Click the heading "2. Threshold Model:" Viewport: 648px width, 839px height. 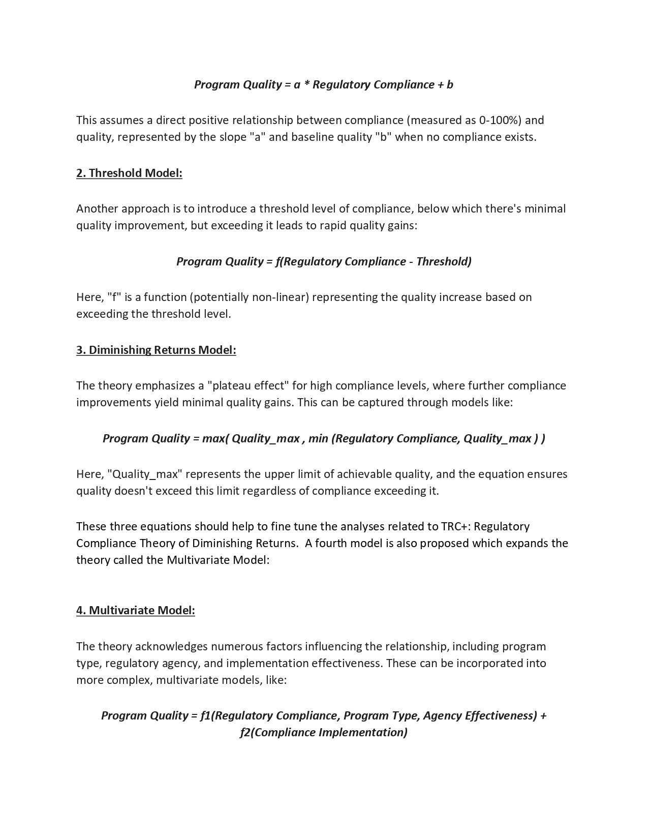129,173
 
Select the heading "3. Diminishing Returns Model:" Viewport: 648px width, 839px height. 156,350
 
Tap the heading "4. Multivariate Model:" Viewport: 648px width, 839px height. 136,610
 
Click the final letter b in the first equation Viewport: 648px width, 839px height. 450,84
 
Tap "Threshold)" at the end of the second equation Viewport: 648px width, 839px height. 444,261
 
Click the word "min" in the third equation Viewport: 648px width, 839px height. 318,438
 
